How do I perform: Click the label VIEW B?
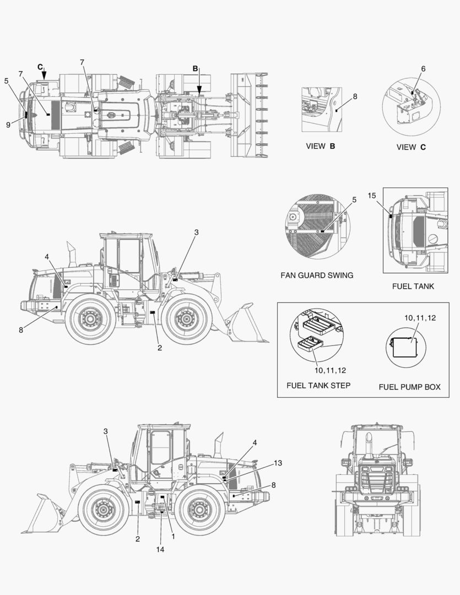tap(320, 147)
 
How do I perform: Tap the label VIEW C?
tap(411, 147)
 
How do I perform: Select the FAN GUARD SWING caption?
tap(317, 275)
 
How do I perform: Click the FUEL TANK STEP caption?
tap(318, 385)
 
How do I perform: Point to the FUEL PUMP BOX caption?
tap(409, 387)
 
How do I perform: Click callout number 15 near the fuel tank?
tap(371, 196)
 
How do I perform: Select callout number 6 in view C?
tap(423, 69)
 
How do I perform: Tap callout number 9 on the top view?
tap(8, 125)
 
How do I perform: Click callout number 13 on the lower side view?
tap(278, 463)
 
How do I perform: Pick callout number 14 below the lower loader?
tap(160, 549)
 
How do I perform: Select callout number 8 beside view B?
tap(355, 96)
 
